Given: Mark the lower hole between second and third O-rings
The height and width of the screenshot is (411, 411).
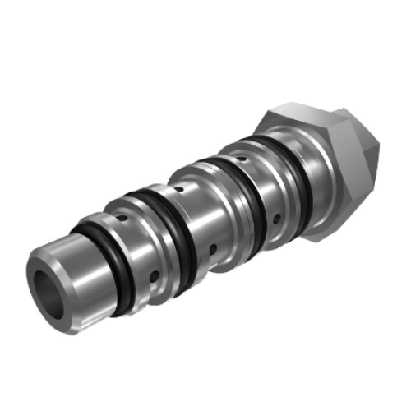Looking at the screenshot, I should point(212,247).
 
